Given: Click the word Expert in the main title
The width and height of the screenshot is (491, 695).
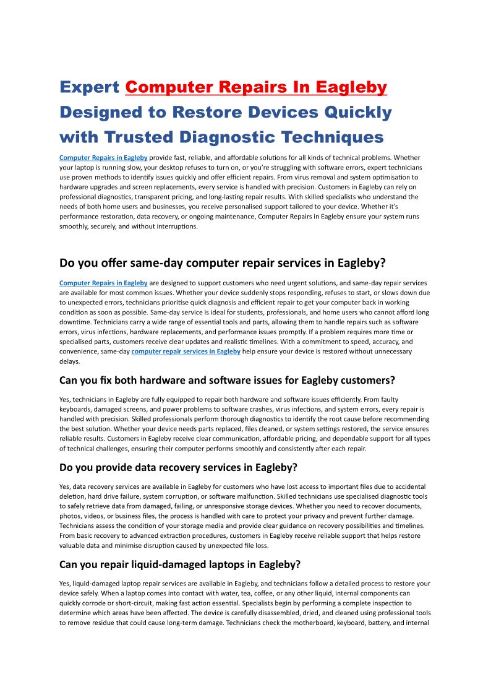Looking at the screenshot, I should [x=90, y=87].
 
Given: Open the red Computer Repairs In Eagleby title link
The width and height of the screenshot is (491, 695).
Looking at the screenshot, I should [x=256, y=87].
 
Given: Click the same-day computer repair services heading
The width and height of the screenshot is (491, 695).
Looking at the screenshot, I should [x=223, y=263].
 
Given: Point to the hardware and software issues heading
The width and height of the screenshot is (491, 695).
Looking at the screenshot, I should [x=227, y=380].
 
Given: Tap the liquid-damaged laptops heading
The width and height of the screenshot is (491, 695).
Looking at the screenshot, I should [x=180, y=564].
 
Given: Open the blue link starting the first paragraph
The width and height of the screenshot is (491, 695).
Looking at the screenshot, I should [x=103, y=158].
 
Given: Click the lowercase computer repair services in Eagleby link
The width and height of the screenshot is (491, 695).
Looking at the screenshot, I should [x=186, y=352].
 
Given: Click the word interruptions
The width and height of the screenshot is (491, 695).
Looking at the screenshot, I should [x=176, y=227].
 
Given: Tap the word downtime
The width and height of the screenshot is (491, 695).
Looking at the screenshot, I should [x=75, y=322].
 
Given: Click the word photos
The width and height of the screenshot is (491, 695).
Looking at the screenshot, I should [x=70, y=516].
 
